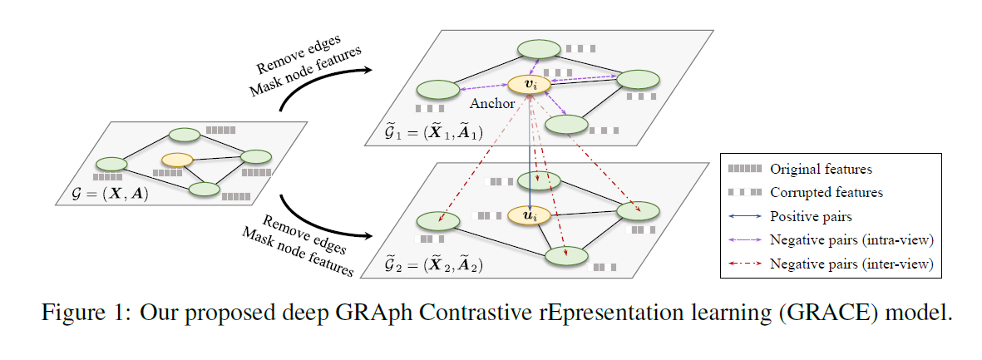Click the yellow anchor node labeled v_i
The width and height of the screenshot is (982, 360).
point(530,84)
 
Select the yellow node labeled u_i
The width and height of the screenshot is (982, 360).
point(530,215)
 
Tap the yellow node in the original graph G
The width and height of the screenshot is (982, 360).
point(177,159)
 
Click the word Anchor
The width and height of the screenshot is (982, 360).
point(492,104)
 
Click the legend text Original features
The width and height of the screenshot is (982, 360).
point(821,169)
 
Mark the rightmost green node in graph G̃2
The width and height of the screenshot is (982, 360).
point(639,211)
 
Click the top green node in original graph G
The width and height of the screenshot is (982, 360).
point(184,135)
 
